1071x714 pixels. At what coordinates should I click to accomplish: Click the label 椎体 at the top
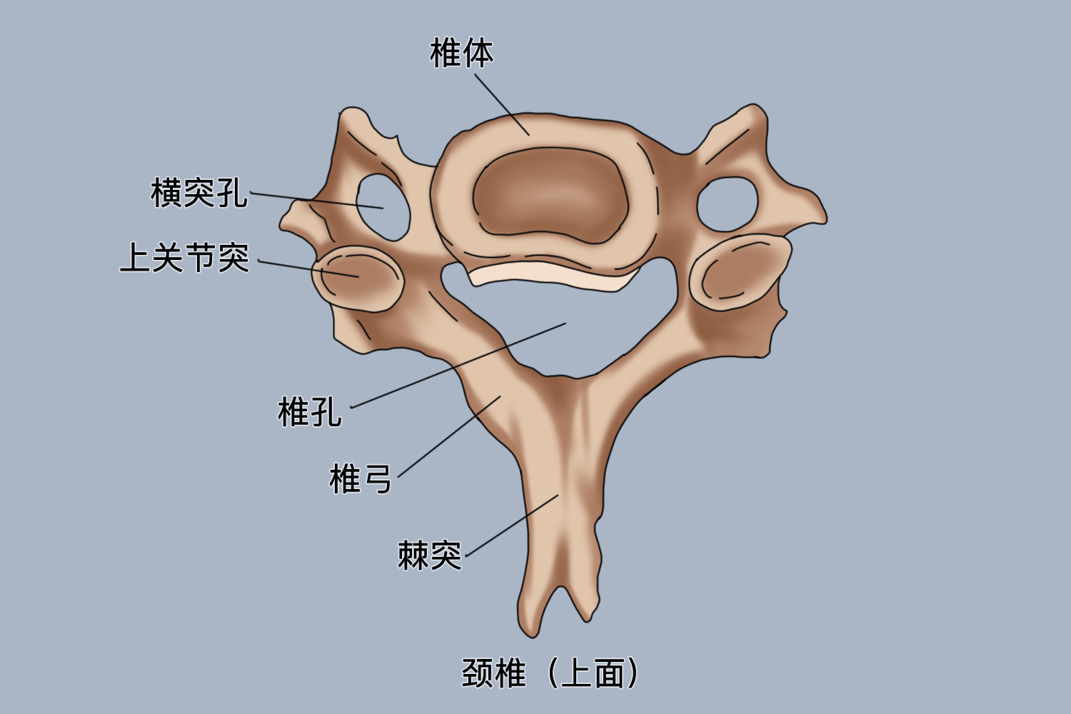point(461,53)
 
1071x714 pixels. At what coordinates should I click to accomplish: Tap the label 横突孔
point(198,193)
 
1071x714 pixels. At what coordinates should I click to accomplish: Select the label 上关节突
point(184,258)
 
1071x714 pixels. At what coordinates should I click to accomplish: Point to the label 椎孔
point(309,412)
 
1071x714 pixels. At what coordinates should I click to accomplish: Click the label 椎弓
point(360,478)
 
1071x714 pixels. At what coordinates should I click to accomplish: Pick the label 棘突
point(429,555)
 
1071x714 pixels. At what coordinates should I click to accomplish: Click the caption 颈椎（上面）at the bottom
point(550,673)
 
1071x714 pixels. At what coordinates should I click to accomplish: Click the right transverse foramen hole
point(727,204)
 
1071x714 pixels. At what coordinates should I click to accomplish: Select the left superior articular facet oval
point(358,278)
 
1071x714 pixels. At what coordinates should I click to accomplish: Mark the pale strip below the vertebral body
point(550,276)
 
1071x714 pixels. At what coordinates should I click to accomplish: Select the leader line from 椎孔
point(457,365)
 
